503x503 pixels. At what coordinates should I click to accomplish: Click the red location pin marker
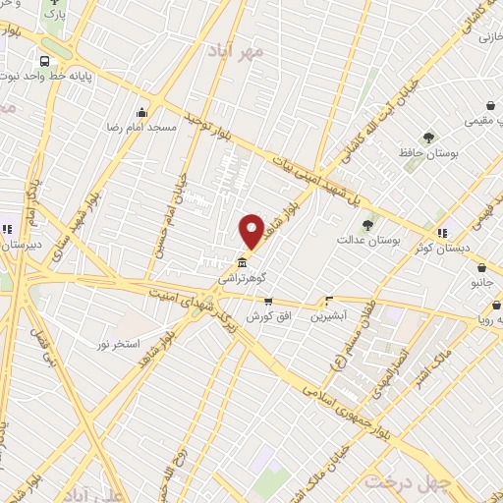[x=251, y=231]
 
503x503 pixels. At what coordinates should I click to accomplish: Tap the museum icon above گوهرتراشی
[x=242, y=262]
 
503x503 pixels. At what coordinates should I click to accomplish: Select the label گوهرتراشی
[x=242, y=279]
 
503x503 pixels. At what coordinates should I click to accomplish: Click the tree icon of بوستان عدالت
[x=367, y=225]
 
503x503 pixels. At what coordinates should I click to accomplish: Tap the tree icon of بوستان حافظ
[x=427, y=138]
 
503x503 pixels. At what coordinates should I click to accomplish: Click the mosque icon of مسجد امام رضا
[x=142, y=112]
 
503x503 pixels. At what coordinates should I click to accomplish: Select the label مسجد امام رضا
[x=143, y=128]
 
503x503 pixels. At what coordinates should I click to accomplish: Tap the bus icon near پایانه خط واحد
[x=45, y=61]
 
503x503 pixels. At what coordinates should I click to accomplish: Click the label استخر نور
[x=117, y=344]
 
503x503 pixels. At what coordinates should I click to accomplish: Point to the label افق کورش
[x=264, y=316]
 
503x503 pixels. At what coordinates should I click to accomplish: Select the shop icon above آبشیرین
[x=328, y=301]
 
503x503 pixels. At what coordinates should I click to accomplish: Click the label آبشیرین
[x=330, y=316]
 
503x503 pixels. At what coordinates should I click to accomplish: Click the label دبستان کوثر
[x=470, y=249]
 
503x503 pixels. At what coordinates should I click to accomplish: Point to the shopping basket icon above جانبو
[x=481, y=267]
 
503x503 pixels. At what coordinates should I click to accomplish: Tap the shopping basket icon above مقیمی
[x=490, y=106]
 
